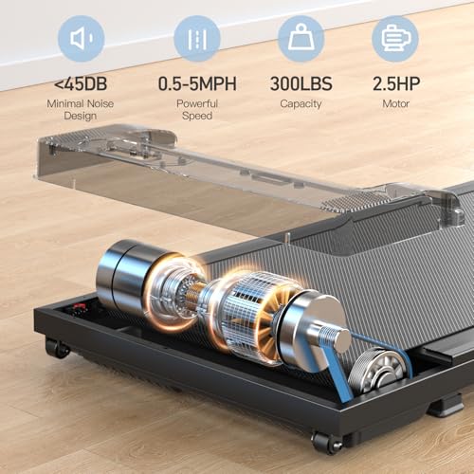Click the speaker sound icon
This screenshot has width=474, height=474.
pos(82,38)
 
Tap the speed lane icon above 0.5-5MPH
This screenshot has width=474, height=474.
pos(197,39)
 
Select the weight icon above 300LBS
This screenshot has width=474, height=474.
pos(301,38)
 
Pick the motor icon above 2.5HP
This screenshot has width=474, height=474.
pos(395,38)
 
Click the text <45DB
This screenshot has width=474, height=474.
pos(81,83)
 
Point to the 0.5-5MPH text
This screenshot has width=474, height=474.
pos(197,83)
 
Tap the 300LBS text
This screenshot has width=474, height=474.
pos(301,83)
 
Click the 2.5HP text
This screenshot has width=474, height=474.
pos(396,83)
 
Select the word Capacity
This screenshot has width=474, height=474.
pos(301,104)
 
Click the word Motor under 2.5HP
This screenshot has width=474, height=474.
pos(396,103)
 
